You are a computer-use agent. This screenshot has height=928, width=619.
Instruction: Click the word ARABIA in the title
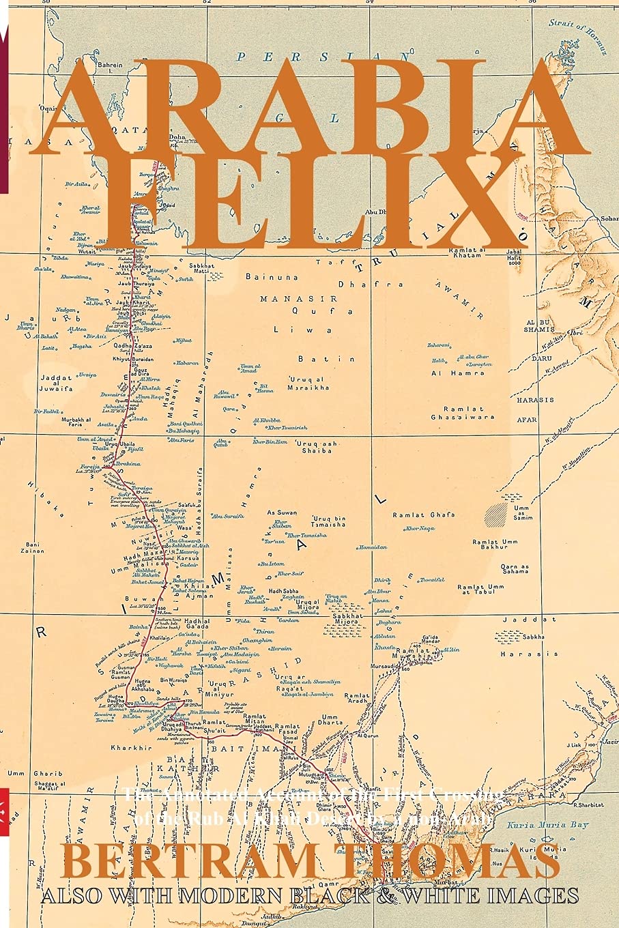(x=311, y=109)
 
